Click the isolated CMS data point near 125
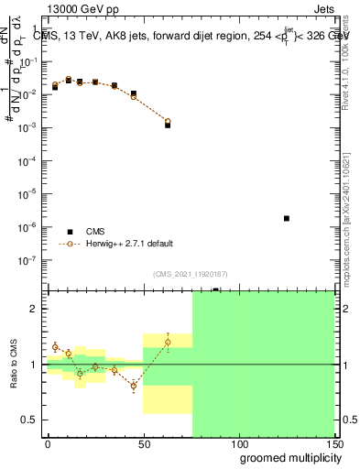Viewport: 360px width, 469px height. (x=287, y=218)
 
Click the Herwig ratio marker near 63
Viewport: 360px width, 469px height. (x=168, y=342)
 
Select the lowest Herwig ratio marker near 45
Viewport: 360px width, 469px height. (x=134, y=386)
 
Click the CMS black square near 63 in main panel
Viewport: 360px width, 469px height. (x=168, y=125)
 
